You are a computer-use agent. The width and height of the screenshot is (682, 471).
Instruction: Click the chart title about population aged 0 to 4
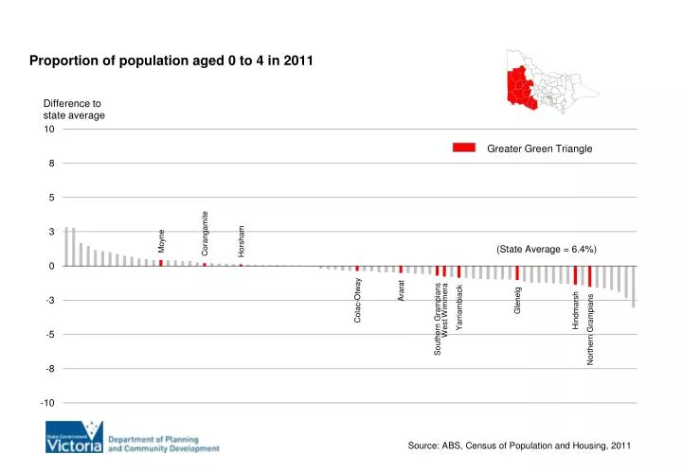pos(170,61)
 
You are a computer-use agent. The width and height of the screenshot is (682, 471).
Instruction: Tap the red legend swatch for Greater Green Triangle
pos(463,148)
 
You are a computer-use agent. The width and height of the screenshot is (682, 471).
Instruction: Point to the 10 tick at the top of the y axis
pos(48,130)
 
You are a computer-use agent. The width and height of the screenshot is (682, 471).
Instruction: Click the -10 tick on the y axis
pos(47,403)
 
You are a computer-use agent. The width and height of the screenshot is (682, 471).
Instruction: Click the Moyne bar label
pos(161,241)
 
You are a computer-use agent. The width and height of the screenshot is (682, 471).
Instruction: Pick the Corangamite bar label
pos(205,232)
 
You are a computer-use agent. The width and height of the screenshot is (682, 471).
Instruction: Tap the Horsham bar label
pos(242,240)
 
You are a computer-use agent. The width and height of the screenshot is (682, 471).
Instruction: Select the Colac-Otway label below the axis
pos(358,301)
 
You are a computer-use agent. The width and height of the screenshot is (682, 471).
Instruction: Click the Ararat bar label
pos(402,291)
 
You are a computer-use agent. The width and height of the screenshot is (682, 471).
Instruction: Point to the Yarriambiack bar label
pos(459,307)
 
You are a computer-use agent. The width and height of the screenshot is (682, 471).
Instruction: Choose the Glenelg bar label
pos(517,300)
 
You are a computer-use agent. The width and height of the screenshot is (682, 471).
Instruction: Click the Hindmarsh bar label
pos(576,310)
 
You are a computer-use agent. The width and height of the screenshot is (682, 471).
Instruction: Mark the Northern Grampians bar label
pos(590,329)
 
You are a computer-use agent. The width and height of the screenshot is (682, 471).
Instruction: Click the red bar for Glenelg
pos(517,272)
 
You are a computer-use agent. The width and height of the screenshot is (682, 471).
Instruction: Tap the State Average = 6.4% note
pos(546,249)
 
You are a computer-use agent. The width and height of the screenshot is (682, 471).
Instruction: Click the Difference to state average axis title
pos(74,109)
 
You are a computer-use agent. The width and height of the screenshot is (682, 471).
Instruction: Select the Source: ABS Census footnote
pos(519,445)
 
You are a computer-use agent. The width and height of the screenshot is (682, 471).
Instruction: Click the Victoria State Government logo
pos(73,440)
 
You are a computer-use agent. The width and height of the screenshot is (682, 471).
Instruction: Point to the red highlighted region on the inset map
pos(520,87)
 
